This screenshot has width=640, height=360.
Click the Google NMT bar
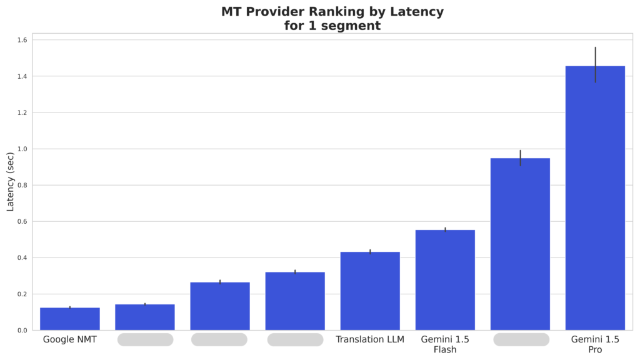click(70, 319)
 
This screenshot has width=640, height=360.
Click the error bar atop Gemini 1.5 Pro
click(595, 64)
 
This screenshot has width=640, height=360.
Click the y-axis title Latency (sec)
click(11, 181)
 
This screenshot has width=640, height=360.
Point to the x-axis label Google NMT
click(70, 339)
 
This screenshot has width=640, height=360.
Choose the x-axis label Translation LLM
click(370, 339)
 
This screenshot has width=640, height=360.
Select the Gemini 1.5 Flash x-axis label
click(445, 344)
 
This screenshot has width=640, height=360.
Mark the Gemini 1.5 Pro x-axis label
click(595, 344)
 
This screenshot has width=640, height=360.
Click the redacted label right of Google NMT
click(145, 339)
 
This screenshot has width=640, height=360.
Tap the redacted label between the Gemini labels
click(521, 339)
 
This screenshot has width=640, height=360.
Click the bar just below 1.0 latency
click(520, 244)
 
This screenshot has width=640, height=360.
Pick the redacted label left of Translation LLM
click(295, 339)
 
